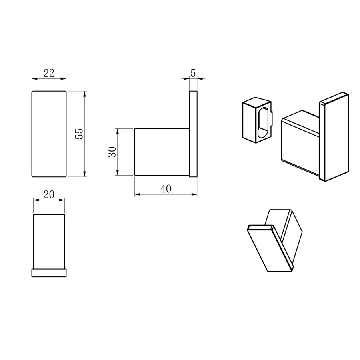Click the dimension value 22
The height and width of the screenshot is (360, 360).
click(x=49, y=73)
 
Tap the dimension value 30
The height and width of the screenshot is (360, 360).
click(x=112, y=152)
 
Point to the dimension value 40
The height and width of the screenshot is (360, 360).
click(x=166, y=189)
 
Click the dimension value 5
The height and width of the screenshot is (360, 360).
click(x=193, y=73)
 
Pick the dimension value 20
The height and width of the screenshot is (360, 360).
click(x=49, y=194)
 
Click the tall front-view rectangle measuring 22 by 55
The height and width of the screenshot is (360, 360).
click(x=49, y=134)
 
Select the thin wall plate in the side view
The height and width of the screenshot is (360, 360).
click(x=193, y=134)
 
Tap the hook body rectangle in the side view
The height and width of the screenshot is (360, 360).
click(x=162, y=152)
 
